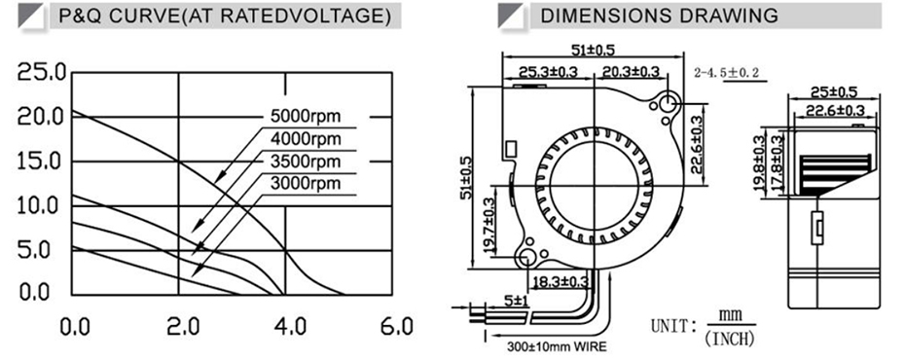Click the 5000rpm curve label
click(x=306, y=117)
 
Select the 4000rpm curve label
click(x=306, y=139)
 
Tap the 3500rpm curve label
click(x=306, y=162)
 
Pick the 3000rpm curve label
click(x=306, y=184)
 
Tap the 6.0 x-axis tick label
click(x=396, y=327)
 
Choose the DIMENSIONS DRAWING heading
click(x=659, y=17)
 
